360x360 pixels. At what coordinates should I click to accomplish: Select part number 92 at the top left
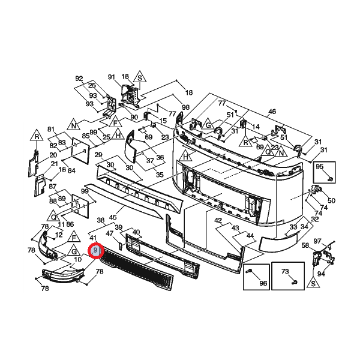point(79,79)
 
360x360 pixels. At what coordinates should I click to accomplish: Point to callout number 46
point(272,112)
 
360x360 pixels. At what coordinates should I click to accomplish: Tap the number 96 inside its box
point(262,283)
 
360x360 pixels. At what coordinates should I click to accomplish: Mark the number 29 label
point(98,155)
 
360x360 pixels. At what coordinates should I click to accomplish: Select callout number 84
point(71,170)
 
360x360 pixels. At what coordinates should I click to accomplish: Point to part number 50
point(331,200)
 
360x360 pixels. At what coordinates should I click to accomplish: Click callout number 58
point(305,245)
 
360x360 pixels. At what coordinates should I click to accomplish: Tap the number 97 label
point(319,241)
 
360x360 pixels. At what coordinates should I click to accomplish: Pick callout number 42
point(218,221)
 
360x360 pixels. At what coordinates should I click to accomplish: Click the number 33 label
point(293,227)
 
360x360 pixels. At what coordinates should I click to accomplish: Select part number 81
point(51,130)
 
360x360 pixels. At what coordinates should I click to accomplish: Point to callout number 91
point(111,77)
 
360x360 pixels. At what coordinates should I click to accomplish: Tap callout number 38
point(100,220)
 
